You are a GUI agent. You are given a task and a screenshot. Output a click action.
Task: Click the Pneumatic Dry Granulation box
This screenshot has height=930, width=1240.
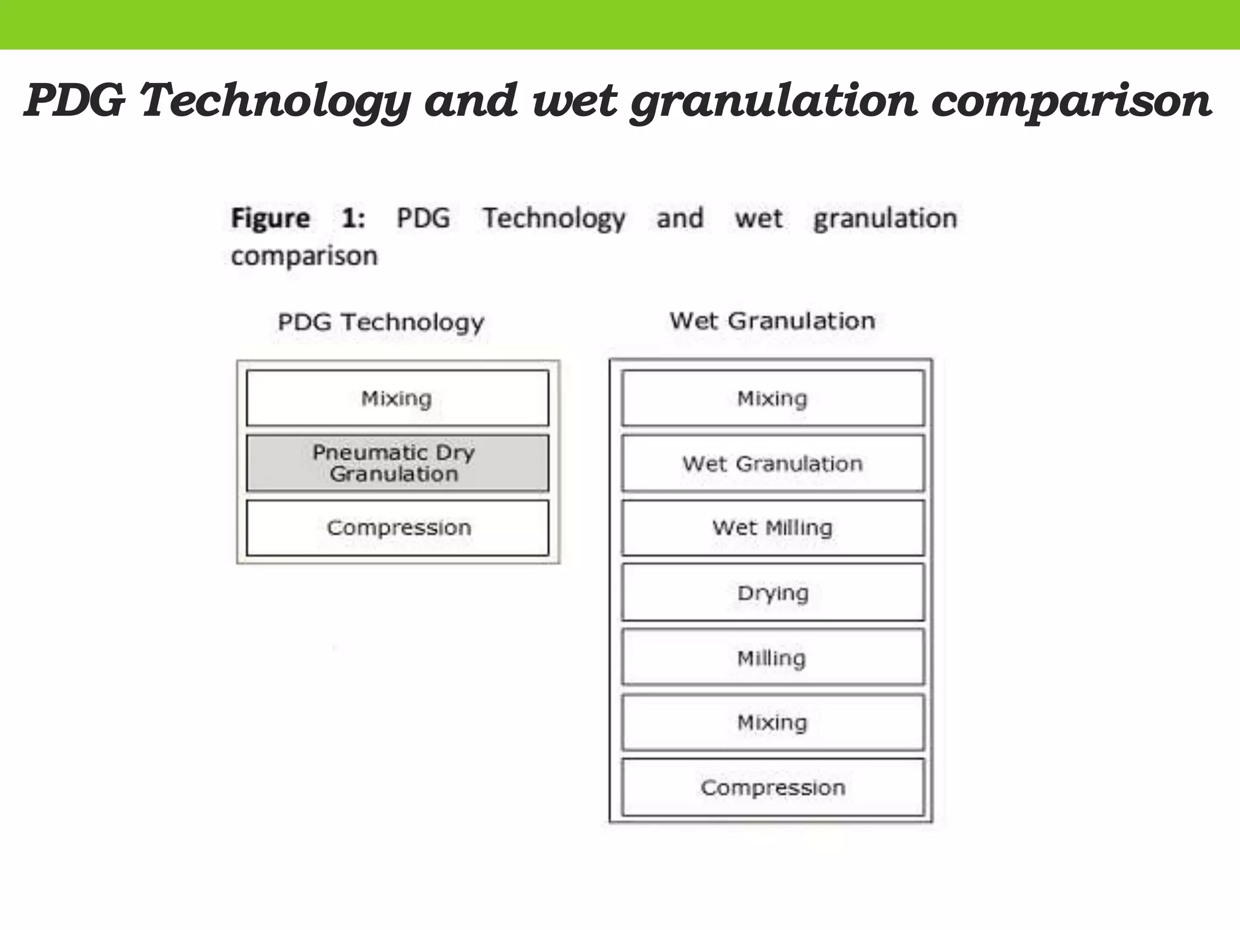click(397, 463)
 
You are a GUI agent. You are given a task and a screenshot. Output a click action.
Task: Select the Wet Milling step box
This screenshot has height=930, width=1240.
click(773, 528)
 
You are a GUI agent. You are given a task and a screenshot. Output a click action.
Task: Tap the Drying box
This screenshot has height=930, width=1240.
click(773, 593)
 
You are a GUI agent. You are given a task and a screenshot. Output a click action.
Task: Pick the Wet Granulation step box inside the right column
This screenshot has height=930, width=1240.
click(773, 464)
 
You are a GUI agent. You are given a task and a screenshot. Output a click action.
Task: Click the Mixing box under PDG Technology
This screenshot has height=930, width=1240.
click(397, 398)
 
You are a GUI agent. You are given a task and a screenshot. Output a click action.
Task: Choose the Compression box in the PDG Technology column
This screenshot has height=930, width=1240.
click(397, 528)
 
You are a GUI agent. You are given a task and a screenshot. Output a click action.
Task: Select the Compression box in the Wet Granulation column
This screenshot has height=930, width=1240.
click(773, 788)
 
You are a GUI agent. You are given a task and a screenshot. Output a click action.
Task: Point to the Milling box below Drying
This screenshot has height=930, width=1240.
click(773, 658)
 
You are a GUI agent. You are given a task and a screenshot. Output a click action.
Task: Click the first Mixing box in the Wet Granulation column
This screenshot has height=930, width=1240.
click(773, 398)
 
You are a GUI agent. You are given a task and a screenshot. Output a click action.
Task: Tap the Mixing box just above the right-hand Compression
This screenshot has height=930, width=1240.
click(773, 723)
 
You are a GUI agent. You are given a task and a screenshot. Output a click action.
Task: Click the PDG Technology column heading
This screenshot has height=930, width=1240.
click(381, 322)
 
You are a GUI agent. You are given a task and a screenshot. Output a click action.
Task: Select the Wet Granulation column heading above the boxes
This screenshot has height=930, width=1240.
click(772, 321)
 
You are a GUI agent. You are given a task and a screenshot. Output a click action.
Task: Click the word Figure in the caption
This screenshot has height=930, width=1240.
click(270, 219)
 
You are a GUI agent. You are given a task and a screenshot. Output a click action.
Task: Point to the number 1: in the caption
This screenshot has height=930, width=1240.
click(353, 219)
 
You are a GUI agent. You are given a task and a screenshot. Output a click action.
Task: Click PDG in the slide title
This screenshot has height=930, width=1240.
click(75, 101)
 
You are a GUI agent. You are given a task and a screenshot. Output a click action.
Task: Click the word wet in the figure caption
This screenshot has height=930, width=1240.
click(758, 219)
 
